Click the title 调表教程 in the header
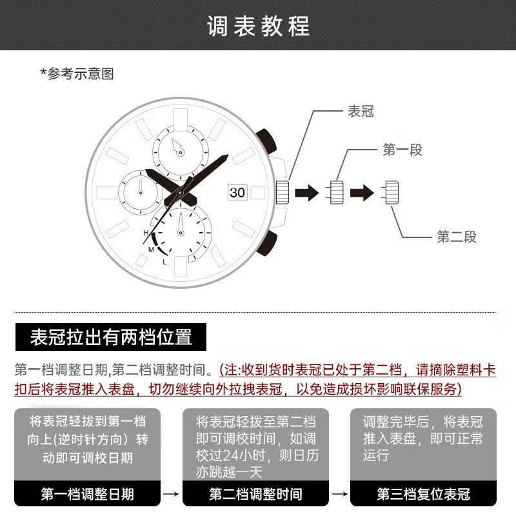coord(258,26)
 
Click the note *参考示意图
coord(77,74)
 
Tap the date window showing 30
coord(237,192)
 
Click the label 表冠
coord(361,112)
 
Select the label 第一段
coord(402,150)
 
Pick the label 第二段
coord(457,237)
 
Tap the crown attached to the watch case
coord(282,192)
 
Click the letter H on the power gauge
coord(146,232)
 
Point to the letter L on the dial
coord(165,261)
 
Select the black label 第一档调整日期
coord(88,494)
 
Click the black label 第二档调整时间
coord(255,494)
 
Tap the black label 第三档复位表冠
coord(423,494)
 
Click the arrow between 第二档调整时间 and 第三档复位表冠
coord(339,494)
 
